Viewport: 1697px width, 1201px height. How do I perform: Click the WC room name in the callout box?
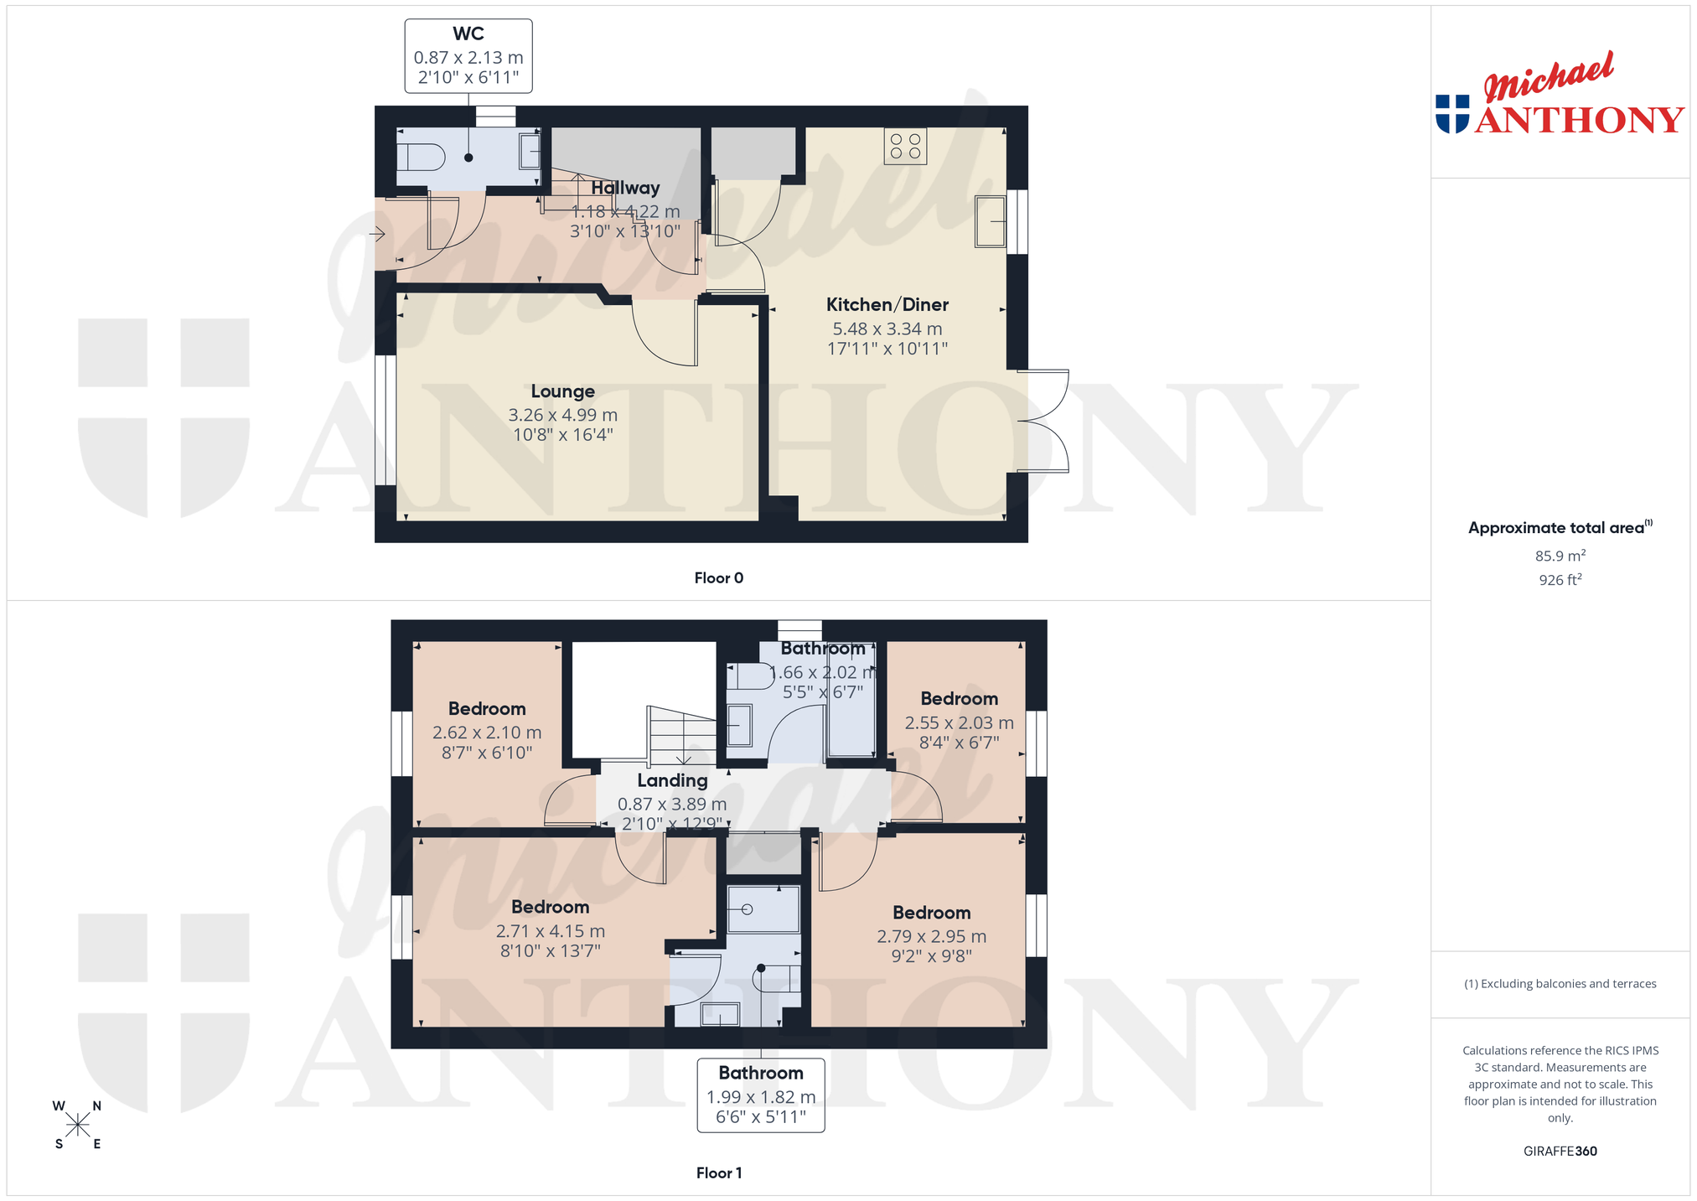pos(468,34)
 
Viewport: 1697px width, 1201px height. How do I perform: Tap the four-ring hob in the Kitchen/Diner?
pos(905,147)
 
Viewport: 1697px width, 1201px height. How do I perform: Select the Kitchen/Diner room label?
pos(887,305)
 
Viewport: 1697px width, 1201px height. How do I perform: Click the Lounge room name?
pos(563,391)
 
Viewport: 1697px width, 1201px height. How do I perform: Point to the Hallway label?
pos(625,188)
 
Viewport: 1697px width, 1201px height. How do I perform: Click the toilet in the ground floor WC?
pos(420,157)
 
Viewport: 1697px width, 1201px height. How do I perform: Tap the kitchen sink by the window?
pos(990,221)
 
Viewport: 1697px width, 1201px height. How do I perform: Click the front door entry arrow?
pos(379,234)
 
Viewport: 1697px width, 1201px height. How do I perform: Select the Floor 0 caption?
pos(719,578)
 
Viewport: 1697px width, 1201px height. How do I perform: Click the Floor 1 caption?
pos(719,1173)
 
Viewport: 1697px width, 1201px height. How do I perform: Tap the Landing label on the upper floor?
pos(672,781)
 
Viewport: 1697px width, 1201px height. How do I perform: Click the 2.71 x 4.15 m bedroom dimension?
pos(551,931)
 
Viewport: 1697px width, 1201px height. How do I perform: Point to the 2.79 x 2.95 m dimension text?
pos(932,937)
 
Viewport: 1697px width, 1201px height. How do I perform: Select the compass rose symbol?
pos(78,1125)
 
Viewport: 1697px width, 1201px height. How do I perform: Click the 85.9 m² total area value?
pos(1560,556)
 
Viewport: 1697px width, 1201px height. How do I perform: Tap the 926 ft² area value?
pos(1560,580)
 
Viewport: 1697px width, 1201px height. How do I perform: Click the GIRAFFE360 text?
pos(1560,1152)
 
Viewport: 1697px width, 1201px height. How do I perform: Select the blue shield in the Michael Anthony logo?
pos(1452,114)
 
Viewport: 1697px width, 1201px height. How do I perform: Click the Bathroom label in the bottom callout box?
pos(761,1074)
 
